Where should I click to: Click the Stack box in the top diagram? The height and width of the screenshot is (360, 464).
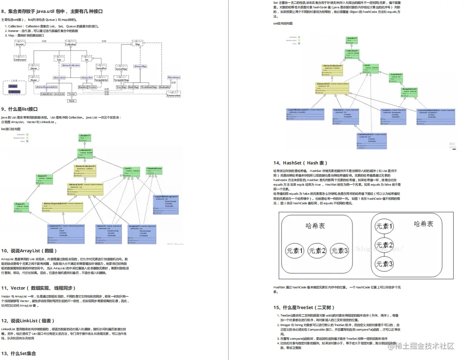coord(72,101)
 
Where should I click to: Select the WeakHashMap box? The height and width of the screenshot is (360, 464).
coord(148,87)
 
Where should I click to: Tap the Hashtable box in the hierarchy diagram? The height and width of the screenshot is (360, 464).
coord(165,87)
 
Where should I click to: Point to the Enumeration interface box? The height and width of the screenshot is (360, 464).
coord(174,95)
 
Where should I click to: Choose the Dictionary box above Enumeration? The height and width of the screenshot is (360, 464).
coord(174,77)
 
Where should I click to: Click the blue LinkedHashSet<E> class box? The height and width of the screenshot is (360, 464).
coord(372,140)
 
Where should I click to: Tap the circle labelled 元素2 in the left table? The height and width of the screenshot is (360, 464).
coord(317,250)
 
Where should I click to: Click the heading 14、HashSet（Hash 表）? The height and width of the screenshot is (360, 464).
coord(300,163)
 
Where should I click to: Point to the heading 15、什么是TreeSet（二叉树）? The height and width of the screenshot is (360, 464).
coord(304,307)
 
